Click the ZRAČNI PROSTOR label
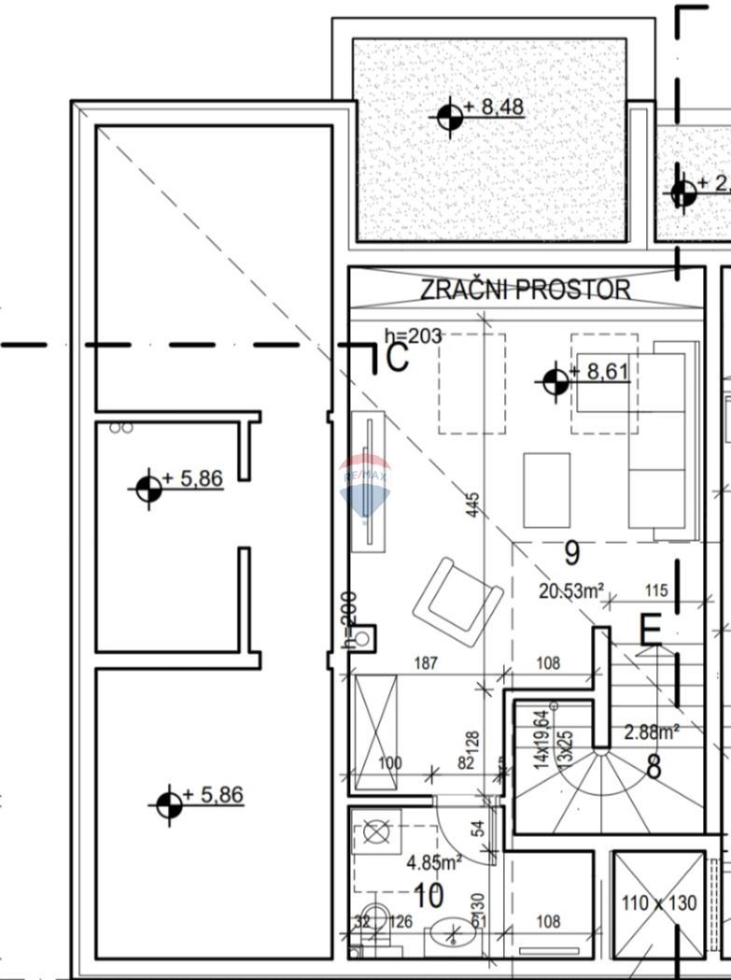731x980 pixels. (525, 290)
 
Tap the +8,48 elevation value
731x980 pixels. (501, 107)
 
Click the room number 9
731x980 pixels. (571, 554)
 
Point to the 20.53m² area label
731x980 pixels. (571, 590)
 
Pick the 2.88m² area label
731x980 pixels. (652, 731)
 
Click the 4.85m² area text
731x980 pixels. (434, 862)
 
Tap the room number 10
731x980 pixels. (428, 896)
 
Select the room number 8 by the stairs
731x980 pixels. (654, 767)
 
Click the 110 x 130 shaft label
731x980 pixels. (659, 903)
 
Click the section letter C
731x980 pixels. (397, 358)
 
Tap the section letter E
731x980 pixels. (650, 632)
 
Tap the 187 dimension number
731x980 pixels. (426, 663)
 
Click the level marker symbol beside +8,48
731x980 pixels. (451, 117)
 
